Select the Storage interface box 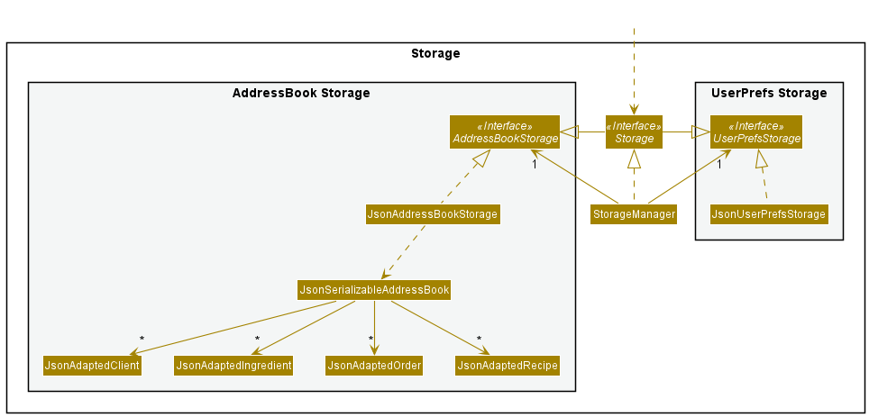(634, 132)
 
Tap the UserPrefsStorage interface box (755, 132)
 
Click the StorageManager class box (633, 214)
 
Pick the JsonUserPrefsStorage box (768, 214)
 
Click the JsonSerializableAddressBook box (374, 290)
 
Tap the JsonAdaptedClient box (92, 366)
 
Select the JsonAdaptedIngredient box (234, 366)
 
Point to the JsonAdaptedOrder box (374, 366)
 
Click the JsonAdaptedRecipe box (508, 366)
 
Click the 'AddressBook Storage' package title (301, 93)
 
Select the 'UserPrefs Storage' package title (768, 93)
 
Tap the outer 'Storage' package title (435, 53)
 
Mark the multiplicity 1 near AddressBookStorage (535, 165)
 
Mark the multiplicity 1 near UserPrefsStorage (720, 165)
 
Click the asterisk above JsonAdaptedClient (142, 340)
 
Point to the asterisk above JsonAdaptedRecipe (479, 340)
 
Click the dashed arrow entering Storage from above (634, 72)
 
